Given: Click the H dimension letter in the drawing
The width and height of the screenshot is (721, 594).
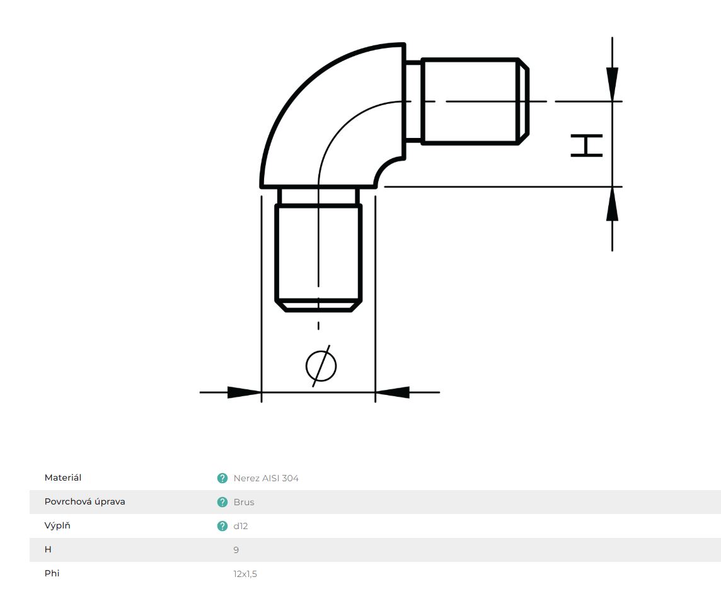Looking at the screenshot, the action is click(x=586, y=146).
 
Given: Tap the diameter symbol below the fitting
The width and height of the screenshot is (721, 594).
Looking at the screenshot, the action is click(x=321, y=366).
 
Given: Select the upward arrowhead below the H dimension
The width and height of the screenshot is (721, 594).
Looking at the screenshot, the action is click(x=612, y=204).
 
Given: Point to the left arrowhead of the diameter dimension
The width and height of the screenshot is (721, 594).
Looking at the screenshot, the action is click(x=244, y=392).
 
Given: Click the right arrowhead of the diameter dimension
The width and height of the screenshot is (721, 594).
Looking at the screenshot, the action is click(x=392, y=392).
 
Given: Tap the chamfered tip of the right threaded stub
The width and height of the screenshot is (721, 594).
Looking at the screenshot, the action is click(x=524, y=101).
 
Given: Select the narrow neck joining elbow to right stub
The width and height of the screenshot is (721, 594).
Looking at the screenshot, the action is click(x=413, y=101).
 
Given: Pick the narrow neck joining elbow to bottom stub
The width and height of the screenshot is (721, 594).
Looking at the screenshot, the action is click(x=318, y=196).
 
